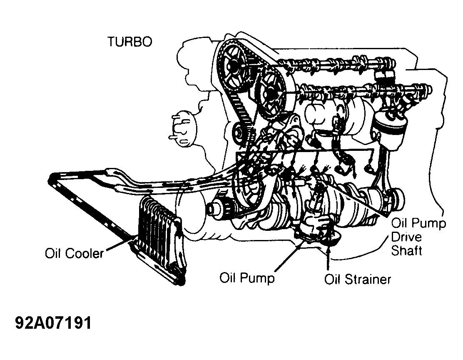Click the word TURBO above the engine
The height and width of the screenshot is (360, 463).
click(129, 42)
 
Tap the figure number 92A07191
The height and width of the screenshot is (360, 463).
click(53, 323)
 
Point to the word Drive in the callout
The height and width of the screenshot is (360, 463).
click(406, 237)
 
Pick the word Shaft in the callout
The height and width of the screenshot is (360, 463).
click(406, 250)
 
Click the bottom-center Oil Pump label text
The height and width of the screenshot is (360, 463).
click(247, 278)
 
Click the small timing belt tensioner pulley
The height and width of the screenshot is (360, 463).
click(238, 135)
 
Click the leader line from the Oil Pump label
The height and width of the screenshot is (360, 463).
click(290, 255)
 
